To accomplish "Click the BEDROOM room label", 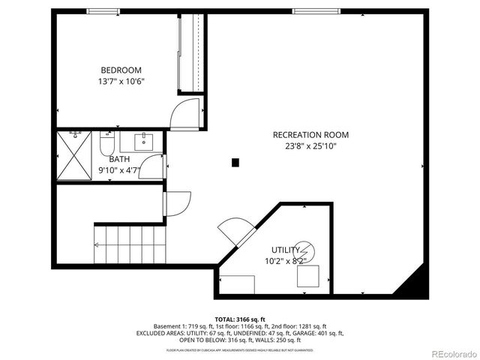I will click(121, 70).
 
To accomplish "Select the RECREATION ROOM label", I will click(310, 135).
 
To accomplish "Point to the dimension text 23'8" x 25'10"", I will click(310, 146).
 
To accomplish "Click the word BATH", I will click(119, 159).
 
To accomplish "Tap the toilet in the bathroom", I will click(107, 142).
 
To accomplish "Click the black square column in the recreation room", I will click(235, 162).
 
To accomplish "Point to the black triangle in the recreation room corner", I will click(415, 284).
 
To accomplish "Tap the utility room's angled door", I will click(235, 230).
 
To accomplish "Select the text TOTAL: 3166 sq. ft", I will click(240, 319).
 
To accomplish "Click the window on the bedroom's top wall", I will click(103, 11).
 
